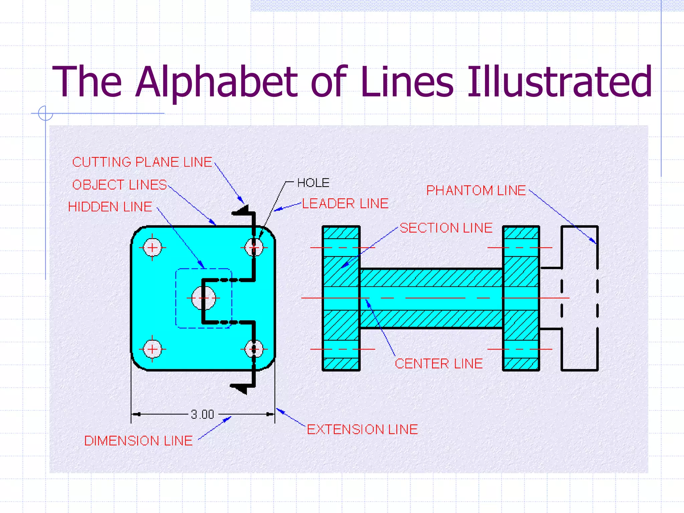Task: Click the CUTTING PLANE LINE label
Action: point(142,162)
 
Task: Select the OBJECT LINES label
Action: point(120,185)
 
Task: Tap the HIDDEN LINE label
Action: point(110,207)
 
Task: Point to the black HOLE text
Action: point(313,183)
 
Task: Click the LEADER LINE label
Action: point(345,204)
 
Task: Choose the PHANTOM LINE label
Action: point(476,191)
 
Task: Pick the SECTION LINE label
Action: point(446,228)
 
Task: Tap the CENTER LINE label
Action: point(439,364)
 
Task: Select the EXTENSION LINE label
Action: point(362,430)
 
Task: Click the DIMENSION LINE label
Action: point(138,441)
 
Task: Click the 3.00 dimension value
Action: point(202,414)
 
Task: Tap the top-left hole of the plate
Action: point(152,248)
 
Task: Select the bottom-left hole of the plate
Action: point(152,349)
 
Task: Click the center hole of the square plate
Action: point(203,298)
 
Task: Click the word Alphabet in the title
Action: point(216,81)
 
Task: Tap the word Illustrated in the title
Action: point(559,81)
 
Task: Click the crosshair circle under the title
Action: point(45,113)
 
